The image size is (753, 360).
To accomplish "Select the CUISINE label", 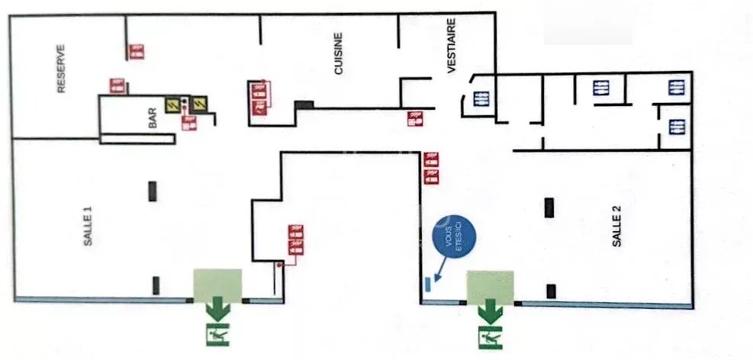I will [x=338, y=53].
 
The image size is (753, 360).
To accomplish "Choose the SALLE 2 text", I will [x=616, y=225].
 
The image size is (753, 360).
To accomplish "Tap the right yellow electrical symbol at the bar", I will [x=199, y=103].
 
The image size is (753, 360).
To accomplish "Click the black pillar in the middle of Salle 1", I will [x=153, y=191].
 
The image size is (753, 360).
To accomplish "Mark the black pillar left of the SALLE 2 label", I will [x=549, y=207].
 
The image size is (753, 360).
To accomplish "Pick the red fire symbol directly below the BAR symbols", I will [x=187, y=124].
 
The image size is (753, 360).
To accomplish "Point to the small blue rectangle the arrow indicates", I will [x=427, y=285].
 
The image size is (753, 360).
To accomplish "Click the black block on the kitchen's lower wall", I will [x=304, y=104].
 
